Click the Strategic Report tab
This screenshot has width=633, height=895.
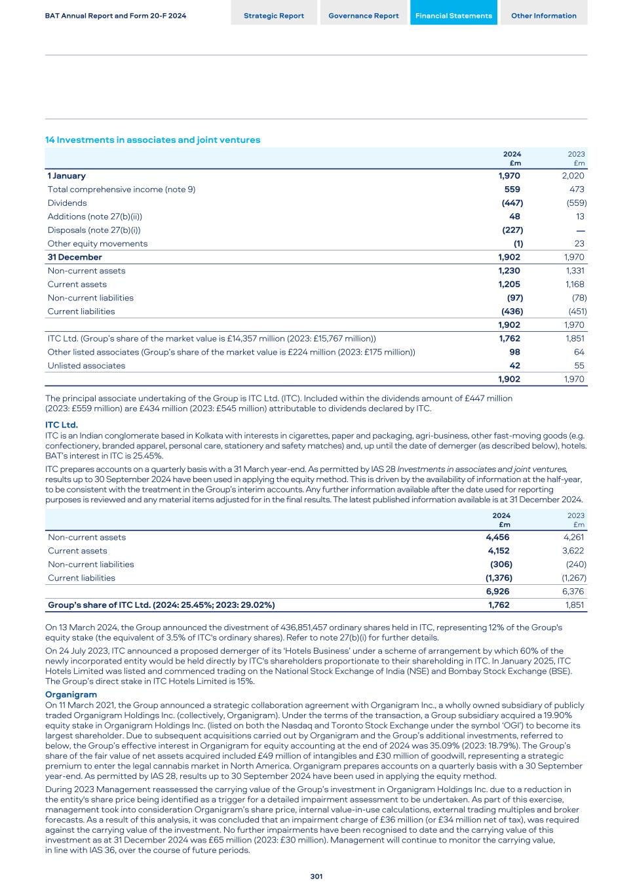(274, 16)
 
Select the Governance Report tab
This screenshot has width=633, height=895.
(363, 16)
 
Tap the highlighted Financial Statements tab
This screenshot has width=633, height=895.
(453, 16)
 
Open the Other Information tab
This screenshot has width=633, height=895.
(543, 16)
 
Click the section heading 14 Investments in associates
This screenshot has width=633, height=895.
(153, 140)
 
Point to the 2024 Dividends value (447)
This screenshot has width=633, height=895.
(512, 203)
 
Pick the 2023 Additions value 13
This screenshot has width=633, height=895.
(579, 216)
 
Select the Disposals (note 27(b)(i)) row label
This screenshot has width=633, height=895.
(94, 230)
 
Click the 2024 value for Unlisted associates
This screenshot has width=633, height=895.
(514, 366)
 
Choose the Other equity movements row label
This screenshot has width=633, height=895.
(98, 243)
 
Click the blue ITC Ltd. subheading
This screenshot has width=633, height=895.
(62, 425)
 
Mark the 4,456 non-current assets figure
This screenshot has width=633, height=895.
(497, 537)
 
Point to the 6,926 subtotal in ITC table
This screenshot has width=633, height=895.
(497, 591)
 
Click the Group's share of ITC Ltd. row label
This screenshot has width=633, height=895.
(161, 605)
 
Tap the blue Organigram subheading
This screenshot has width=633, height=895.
(71, 694)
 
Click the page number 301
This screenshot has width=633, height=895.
(316, 877)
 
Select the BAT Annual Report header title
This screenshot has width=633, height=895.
(115, 16)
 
